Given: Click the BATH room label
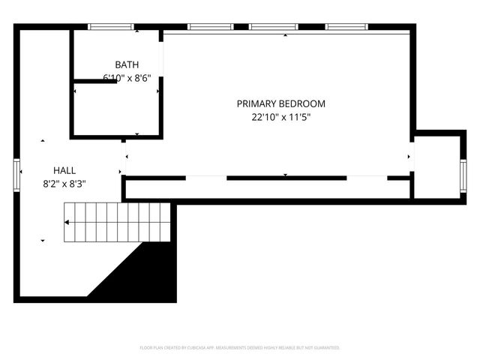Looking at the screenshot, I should coord(126,64).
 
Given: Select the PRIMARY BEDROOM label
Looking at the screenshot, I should coord(280,103).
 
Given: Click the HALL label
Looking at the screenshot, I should coord(64,170).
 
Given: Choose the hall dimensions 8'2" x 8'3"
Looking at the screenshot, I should coord(64,183).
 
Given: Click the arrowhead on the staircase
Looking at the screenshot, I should coord(67,222).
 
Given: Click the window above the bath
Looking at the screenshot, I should coord(111,27).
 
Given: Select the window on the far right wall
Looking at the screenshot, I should coord(463,176).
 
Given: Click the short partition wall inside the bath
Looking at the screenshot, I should coord(94,81).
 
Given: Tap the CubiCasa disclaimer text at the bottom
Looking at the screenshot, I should coord(240,348).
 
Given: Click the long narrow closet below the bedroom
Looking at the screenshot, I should coord(266,188).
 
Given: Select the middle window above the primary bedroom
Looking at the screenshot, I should coord(274,27).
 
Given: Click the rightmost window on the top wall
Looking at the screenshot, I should coord(346,27).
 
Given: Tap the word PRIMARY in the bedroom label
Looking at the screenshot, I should coord(256,103).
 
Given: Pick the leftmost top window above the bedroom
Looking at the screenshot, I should coord(210,27).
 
